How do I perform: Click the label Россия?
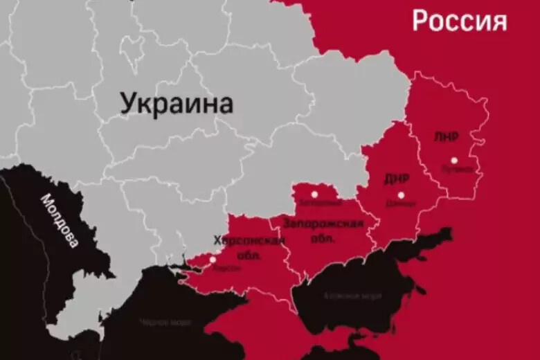459,21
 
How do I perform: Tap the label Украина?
177,104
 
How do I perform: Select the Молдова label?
59,220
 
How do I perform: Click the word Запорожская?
323,224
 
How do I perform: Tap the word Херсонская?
249,240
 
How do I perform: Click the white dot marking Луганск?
454,159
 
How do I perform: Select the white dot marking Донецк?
401,195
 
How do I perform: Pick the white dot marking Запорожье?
314,195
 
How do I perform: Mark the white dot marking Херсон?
213,259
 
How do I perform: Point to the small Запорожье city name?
315,204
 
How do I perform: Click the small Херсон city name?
228,267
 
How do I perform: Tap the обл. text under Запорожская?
323,237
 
